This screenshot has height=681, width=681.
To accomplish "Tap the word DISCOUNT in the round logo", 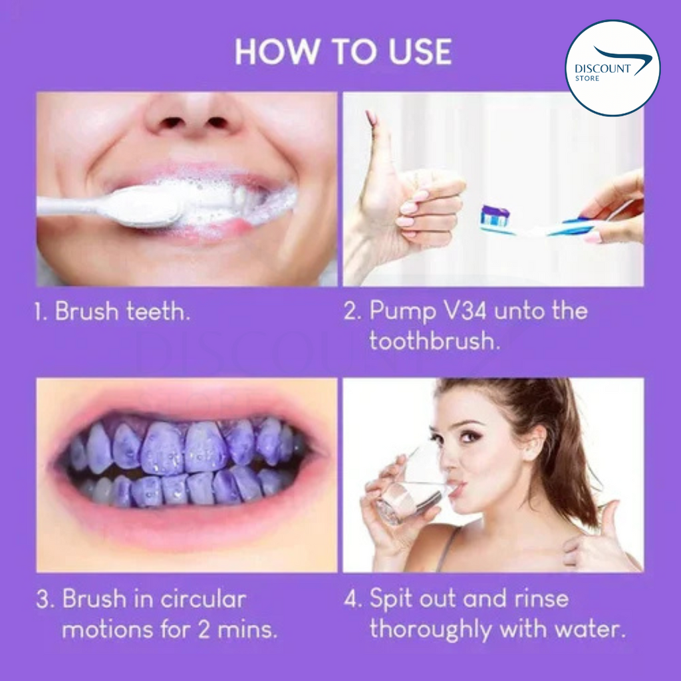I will point(598,68).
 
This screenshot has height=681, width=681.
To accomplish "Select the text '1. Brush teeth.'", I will point(112,312).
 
